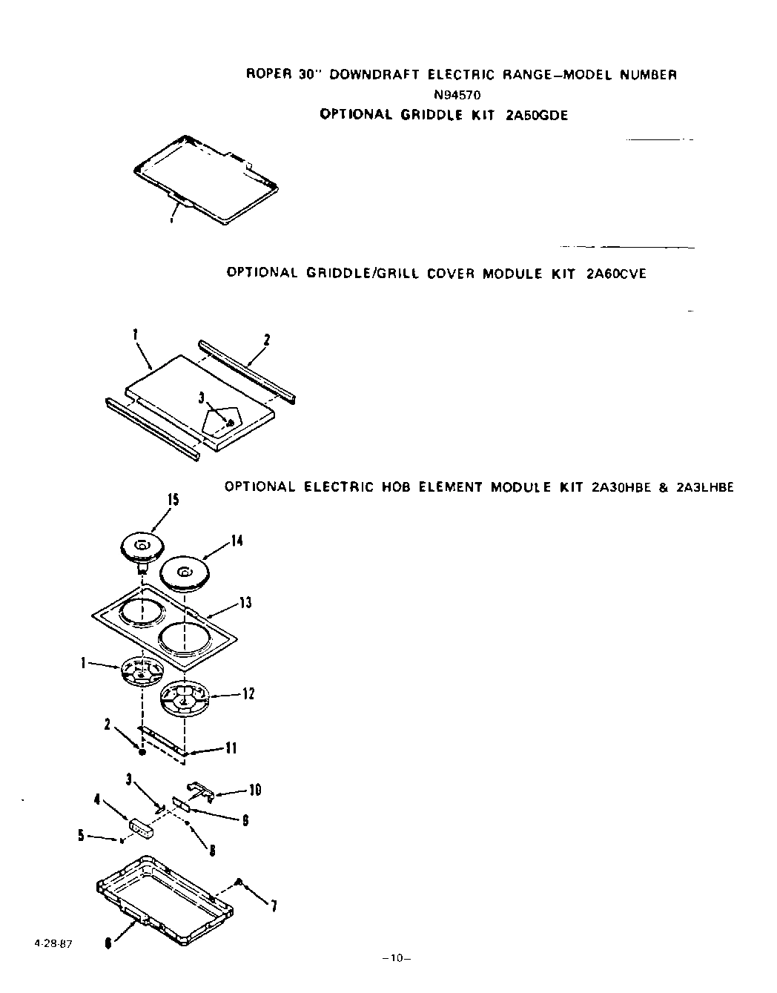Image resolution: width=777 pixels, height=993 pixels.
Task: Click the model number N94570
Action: [x=461, y=94]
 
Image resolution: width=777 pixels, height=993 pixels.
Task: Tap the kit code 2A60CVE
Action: [x=615, y=274]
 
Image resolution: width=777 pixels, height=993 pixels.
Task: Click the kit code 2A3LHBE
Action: [x=704, y=487]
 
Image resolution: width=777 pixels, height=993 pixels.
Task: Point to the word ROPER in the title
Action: [x=265, y=75]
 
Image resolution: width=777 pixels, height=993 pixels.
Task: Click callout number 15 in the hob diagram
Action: [x=172, y=501]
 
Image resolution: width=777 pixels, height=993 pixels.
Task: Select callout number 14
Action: [x=237, y=541]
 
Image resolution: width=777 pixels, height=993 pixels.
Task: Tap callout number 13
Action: [x=245, y=603]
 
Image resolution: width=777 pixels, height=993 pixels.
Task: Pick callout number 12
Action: [x=248, y=694]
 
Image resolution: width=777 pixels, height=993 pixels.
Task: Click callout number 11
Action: [x=231, y=748]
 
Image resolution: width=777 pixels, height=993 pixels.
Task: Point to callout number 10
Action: [x=254, y=791]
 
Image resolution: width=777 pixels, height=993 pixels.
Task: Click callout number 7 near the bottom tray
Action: [x=274, y=905]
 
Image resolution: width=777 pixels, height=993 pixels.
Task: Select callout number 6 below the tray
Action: [x=109, y=943]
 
